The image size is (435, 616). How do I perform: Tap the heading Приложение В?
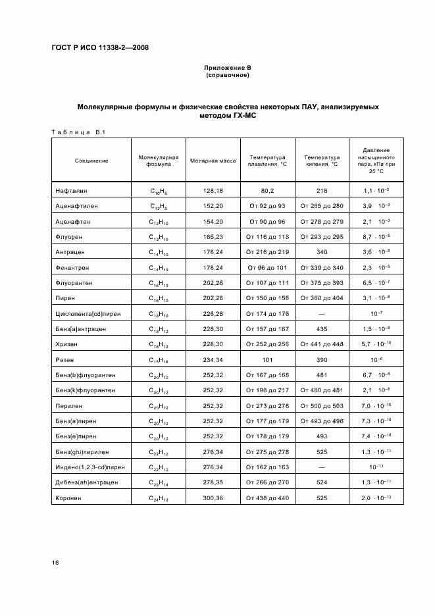point(228,68)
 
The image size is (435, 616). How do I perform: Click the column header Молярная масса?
point(213,161)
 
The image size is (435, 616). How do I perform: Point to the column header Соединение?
point(91,161)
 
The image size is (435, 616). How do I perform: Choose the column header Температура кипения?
point(322,161)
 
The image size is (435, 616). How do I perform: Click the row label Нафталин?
point(70,190)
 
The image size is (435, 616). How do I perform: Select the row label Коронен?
point(68,498)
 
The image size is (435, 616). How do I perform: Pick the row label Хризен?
point(66,344)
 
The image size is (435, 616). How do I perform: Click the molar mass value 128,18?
point(213,190)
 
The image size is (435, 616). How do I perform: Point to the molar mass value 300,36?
point(213,498)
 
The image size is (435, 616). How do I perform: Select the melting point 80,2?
point(267,190)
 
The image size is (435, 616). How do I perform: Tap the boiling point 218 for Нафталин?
point(322,190)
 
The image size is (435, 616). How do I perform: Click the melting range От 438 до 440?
point(267,498)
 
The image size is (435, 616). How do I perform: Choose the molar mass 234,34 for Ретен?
point(213,359)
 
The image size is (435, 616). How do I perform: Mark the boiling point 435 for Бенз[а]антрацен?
point(322,328)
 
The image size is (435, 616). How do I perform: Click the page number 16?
point(55,562)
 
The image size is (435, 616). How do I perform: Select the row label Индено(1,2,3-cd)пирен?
point(91,467)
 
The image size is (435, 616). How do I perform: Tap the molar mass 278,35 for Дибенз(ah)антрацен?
point(213,482)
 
